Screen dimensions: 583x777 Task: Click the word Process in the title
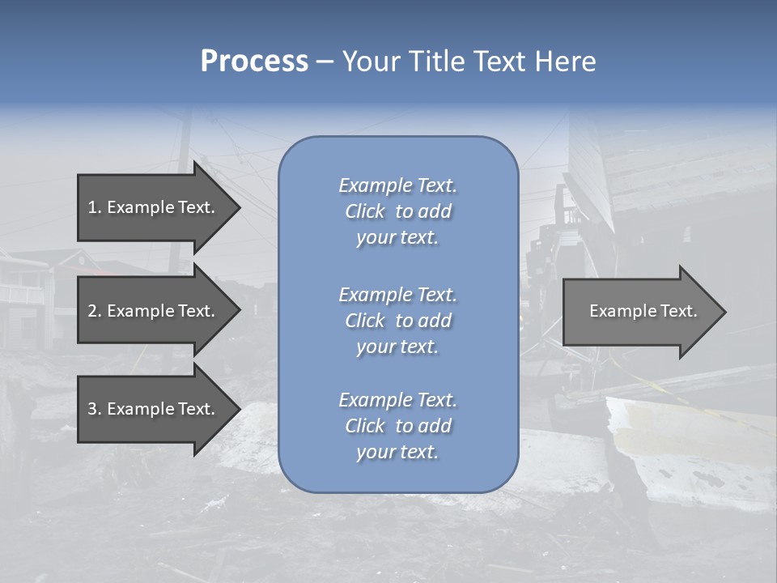click(254, 62)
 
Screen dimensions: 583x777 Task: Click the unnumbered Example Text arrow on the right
click(643, 311)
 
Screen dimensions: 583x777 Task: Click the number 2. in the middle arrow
click(95, 311)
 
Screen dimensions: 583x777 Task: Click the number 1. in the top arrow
click(94, 207)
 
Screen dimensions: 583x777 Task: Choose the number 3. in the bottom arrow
click(95, 409)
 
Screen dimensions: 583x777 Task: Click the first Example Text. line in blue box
click(397, 185)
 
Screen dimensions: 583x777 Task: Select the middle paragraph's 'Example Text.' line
click(397, 295)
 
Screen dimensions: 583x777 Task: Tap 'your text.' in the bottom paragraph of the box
click(397, 453)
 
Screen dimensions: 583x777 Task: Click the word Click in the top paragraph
click(365, 211)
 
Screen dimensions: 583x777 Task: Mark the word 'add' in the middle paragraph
click(435, 321)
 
